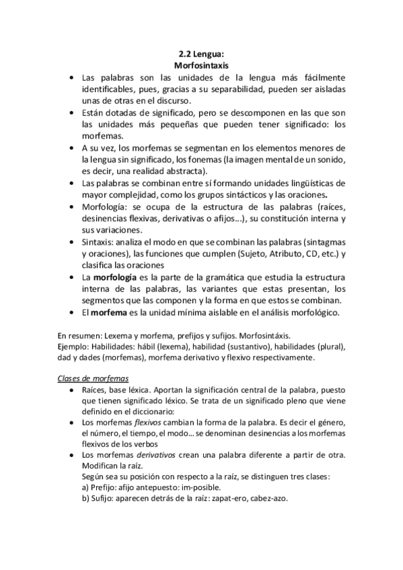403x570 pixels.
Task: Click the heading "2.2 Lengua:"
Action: (x=201, y=56)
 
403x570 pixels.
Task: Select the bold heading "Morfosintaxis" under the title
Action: (x=201, y=67)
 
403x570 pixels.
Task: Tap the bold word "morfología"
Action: (x=115, y=276)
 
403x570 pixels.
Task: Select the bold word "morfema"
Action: (x=109, y=311)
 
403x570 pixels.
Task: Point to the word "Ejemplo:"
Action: (x=73, y=345)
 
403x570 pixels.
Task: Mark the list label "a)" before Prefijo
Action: (x=84, y=488)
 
